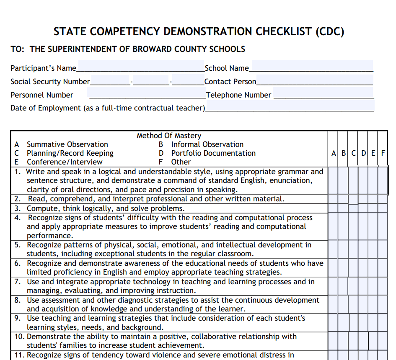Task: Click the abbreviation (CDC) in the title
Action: pyautogui.click(x=330, y=32)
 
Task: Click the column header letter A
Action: pyautogui.click(x=334, y=153)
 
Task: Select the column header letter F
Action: pyautogui.click(x=383, y=153)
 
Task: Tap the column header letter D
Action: pyautogui.click(x=363, y=153)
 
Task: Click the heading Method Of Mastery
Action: pyautogui.click(x=169, y=136)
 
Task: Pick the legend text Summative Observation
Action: pyautogui.click(x=67, y=144)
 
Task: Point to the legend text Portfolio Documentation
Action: pyautogui.click(x=213, y=153)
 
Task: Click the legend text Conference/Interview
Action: pyautogui.click(x=65, y=162)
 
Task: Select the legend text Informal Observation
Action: pyautogui.click(x=207, y=144)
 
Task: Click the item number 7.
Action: pyautogui.click(x=18, y=282)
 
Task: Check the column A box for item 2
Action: pyautogui.click(x=333, y=199)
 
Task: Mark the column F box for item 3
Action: pyautogui.click(x=383, y=208)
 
